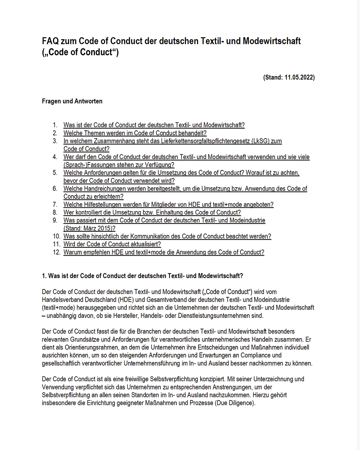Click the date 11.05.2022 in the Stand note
coord(300,77)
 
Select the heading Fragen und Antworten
coord(72,101)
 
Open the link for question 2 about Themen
coord(135,133)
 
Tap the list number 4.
coord(55,157)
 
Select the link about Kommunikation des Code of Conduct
coord(167,236)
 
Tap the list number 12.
coord(56,252)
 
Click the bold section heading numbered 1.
coord(143,276)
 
